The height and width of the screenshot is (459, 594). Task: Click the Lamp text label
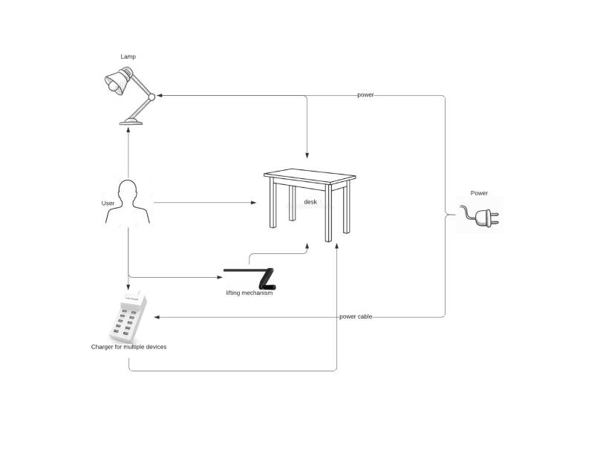click(x=128, y=56)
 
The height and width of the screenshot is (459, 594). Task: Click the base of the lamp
click(x=131, y=122)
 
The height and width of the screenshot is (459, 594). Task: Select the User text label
click(x=108, y=204)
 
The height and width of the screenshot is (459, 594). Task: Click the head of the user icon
click(x=127, y=189)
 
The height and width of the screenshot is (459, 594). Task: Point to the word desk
click(x=310, y=202)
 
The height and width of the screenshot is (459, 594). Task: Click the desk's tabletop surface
click(x=310, y=176)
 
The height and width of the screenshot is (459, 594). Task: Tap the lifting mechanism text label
click(x=249, y=293)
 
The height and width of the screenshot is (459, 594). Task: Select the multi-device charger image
click(x=128, y=316)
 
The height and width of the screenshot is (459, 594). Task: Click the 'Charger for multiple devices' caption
click(x=128, y=347)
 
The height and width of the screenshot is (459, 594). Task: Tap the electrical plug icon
click(x=480, y=216)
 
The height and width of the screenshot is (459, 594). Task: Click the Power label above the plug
click(x=479, y=193)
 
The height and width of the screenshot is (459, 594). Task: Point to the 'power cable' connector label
click(x=356, y=316)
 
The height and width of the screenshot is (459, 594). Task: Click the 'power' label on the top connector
click(x=365, y=95)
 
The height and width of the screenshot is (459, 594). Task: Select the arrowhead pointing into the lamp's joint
click(x=160, y=96)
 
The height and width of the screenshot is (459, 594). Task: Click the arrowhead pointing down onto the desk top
click(x=307, y=155)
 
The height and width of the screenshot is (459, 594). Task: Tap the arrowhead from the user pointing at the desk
click(x=254, y=203)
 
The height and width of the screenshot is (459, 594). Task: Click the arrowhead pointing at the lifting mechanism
click(x=220, y=278)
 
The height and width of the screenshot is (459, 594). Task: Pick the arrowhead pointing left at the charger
click(x=157, y=317)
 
